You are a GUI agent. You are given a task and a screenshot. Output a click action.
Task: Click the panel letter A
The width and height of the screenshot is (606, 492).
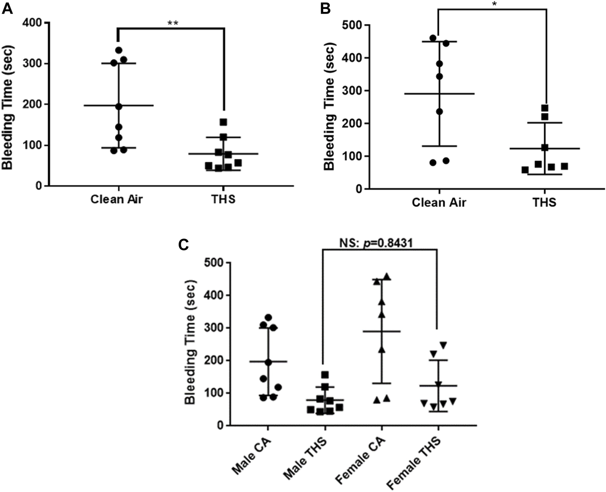(x=7, y=8)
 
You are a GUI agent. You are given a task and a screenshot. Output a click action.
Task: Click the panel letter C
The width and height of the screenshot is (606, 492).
(x=183, y=245)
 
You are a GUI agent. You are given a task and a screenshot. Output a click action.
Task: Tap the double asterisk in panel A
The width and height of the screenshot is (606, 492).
(x=173, y=23)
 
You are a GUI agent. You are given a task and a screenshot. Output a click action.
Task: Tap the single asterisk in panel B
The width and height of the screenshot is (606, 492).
(x=492, y=5)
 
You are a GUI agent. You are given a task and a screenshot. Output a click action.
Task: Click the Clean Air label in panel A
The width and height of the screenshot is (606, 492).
(x=116, y=199)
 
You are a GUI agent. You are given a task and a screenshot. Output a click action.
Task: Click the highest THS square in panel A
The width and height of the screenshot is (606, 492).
(x=223, y=122)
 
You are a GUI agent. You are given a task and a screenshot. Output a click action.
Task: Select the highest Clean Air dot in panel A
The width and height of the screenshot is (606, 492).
(x=119, y=50)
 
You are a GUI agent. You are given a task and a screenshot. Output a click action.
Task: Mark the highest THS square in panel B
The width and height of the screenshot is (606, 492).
(x=545, y=108)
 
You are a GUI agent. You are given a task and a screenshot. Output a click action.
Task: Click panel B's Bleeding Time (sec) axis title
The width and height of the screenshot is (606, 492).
(x=329, y=107)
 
